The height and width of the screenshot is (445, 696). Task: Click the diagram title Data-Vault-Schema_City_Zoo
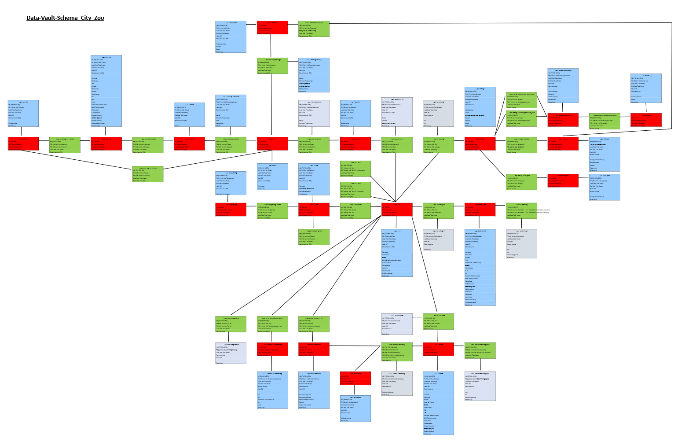[x=65, y=18]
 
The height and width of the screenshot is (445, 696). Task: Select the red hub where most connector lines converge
[x=397, y=210]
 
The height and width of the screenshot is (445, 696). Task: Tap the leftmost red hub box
[x=23, y=144]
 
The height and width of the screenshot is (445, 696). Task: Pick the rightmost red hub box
[x=646, y=120]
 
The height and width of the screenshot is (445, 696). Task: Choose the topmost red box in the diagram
[x=272, y=28]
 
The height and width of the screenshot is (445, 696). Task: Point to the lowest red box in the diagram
[x=355, y=379]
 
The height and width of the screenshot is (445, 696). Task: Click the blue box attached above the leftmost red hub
[x=23, y=114]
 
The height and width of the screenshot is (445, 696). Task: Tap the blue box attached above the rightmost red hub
[x=646, y=88]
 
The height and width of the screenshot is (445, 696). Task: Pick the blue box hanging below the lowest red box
[x=355, y=408]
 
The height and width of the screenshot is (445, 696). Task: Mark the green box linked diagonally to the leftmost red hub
[x=148, y=174]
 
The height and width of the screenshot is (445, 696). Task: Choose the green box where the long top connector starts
[x=314, y=29]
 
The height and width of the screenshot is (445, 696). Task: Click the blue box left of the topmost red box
[x=231, y=37]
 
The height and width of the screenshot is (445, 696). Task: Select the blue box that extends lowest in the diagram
[x=438, y=403]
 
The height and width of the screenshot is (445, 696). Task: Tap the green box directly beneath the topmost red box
[x=272, y=66]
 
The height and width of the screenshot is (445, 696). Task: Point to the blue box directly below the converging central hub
[x=397, y=253]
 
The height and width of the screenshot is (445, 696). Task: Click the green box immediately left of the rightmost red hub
[x=604, y=121]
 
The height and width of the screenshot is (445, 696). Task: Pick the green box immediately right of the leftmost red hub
[x=65, y=145]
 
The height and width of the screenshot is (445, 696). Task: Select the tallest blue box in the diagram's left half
[x=106, y=91]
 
